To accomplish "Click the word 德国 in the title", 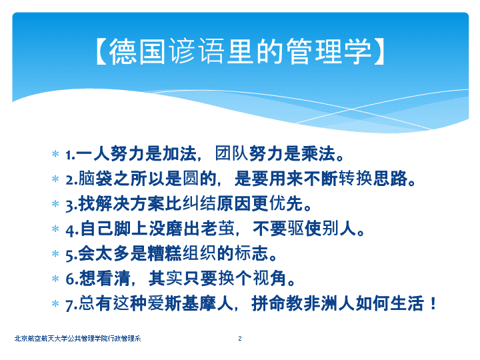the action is [x=138, y=51].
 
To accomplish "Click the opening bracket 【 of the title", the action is [x=101, y=51].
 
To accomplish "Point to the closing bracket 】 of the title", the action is [x=379, y=51].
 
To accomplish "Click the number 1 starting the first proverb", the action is [x=69, y=155].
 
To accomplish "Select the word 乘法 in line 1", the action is [x=319, y=153].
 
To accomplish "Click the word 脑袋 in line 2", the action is [x=95, y=179].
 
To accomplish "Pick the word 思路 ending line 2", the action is [x=391, y=179].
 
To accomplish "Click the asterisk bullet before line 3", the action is [x=55, y=203].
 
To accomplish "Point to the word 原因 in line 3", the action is [x=234, y=203].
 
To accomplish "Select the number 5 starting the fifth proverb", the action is [x=69, y=255].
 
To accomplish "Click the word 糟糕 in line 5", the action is [x=165, y=253].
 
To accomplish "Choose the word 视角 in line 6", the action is [x=269, y=278].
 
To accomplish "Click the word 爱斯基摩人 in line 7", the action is [x=191, y=303].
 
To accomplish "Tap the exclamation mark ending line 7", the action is [x=433, y=303].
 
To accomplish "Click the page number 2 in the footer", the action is [x=240, y=338].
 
